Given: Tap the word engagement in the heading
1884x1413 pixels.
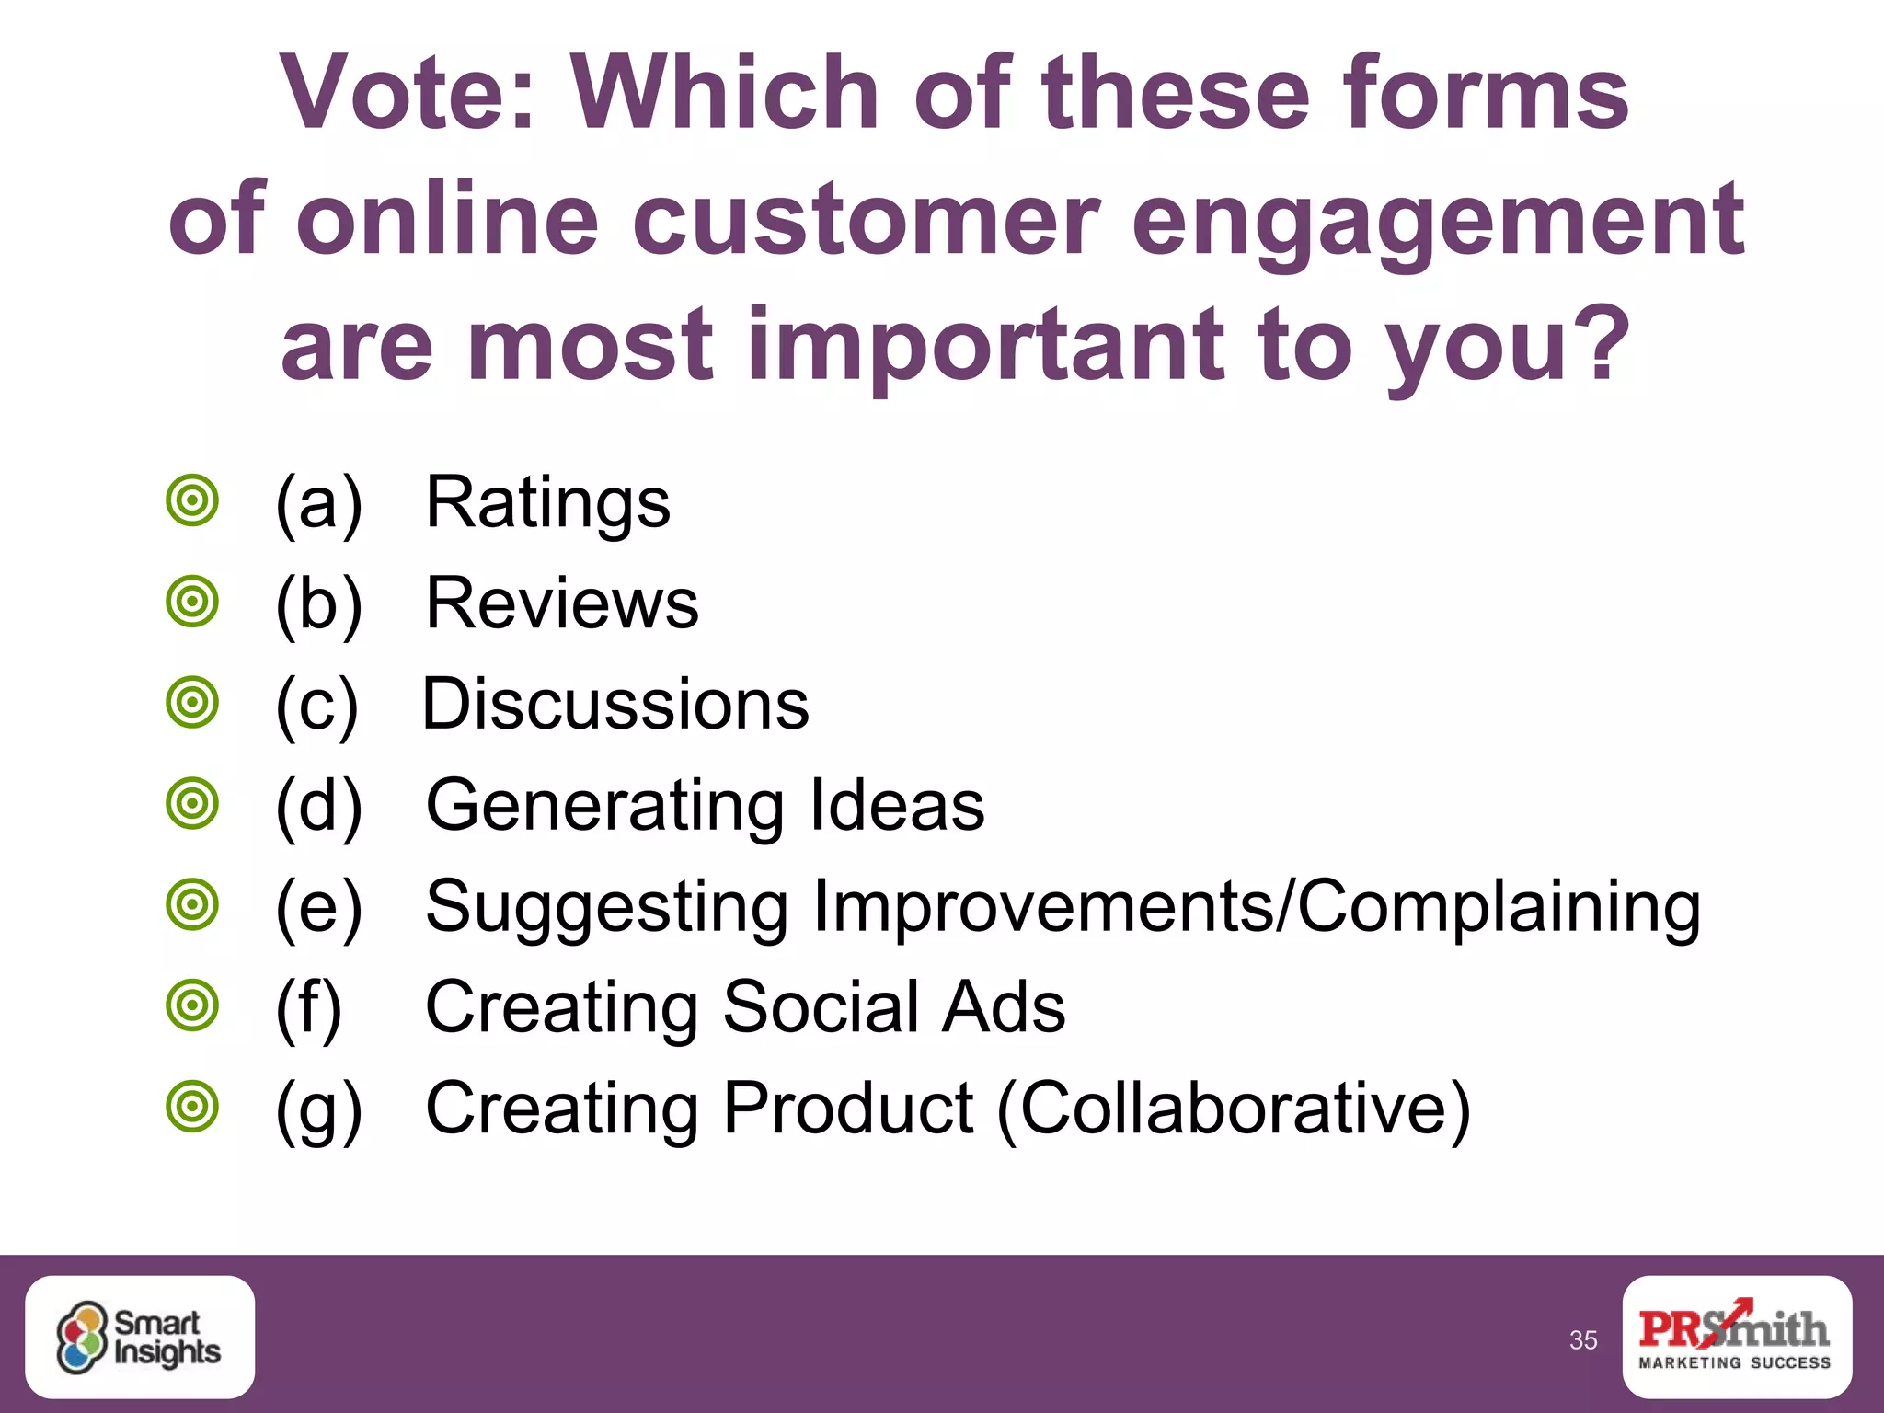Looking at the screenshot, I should tap(1437, 221).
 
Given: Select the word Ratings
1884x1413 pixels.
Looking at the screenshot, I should tap(548, 503).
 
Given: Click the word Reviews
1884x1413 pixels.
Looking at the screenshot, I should tap(562, 604).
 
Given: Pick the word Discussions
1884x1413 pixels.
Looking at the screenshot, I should tap(615, 705).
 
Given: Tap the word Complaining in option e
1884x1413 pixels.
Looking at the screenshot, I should tap(1499, 907).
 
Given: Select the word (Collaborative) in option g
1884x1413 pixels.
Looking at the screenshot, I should tap(1234, 1109).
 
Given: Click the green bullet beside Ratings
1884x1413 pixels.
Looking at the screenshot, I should tap(192, 501).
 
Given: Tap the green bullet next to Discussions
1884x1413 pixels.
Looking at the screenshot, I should tap(192, 703).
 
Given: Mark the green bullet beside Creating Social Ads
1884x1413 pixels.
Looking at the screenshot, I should tap(192, 1005).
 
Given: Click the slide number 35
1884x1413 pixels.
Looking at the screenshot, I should tap(1583, 1340).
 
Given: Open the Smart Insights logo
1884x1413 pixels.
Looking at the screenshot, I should tap(140, 1337).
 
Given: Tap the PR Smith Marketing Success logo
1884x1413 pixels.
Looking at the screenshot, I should tap(1736, 1337).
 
